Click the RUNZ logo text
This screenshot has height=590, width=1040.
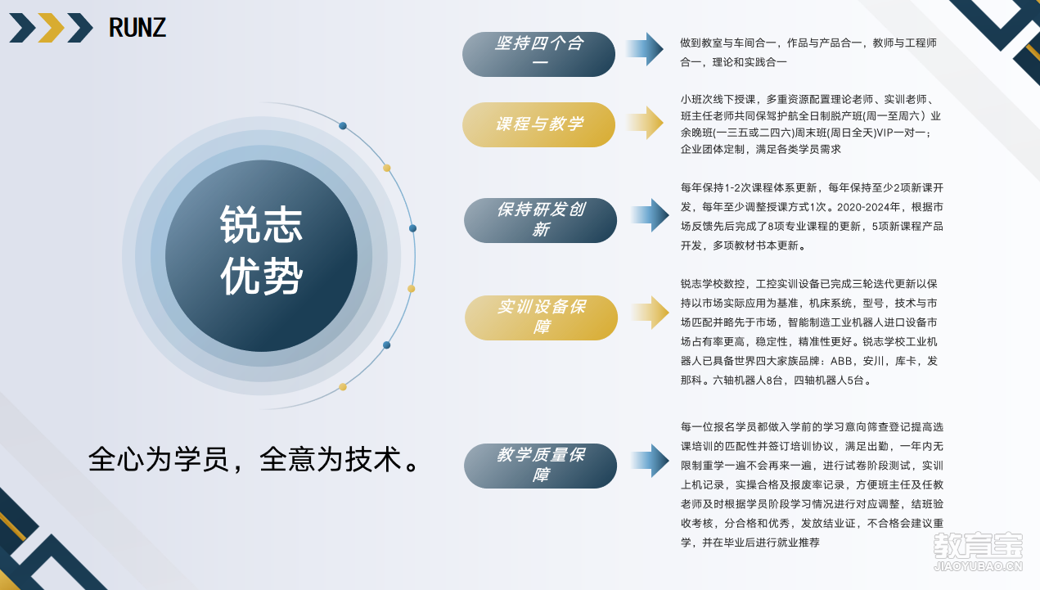point(137,28)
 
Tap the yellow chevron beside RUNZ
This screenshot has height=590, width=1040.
point(51,28)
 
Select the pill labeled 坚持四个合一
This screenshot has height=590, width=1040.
point(538,54)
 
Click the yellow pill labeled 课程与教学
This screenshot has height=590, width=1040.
point(538,124)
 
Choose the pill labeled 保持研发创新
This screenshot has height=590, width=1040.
point(540,220)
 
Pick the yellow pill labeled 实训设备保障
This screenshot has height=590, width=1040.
point(541,318)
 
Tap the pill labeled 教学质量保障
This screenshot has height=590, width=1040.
point(540,466)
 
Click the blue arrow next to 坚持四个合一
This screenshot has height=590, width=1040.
point(645,49)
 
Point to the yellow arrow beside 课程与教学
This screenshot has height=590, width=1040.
point(645,123)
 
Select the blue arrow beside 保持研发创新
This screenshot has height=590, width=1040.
point(650,215)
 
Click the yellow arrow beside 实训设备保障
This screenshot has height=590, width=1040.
point(650,313)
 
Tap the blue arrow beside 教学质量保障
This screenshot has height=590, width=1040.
point(650,461)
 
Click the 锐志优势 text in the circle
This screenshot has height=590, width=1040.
point(261,250)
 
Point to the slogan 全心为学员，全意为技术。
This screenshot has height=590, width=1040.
point(255,459)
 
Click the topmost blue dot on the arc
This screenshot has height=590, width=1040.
point(343,126)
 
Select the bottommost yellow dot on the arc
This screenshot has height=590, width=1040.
point(343,387)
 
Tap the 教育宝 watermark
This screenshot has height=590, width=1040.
point(978,551)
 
